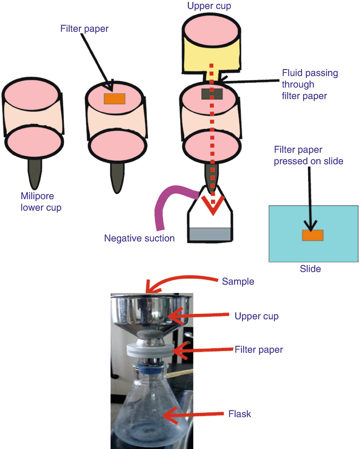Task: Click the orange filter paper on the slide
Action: [x=313, y=235]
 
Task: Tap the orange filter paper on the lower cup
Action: [x=115, y=99]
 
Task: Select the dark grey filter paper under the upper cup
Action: [x=212, y=94]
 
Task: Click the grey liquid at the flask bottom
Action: [x=210, y=234]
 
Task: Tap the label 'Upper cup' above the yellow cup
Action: [x=209, y=6]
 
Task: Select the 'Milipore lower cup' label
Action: [x=41, y=202]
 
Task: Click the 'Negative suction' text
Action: [x=139, y=238]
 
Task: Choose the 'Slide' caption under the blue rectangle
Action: [x=310, y=269]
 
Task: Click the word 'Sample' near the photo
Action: [x=238, y=281]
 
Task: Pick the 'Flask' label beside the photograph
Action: [x=240, y=414]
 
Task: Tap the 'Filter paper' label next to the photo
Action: [x=259, y=350]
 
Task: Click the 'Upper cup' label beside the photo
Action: [x=256, y=316]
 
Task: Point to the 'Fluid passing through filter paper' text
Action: [x=309, y=84]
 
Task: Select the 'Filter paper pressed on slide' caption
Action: [x=308, y=155]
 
